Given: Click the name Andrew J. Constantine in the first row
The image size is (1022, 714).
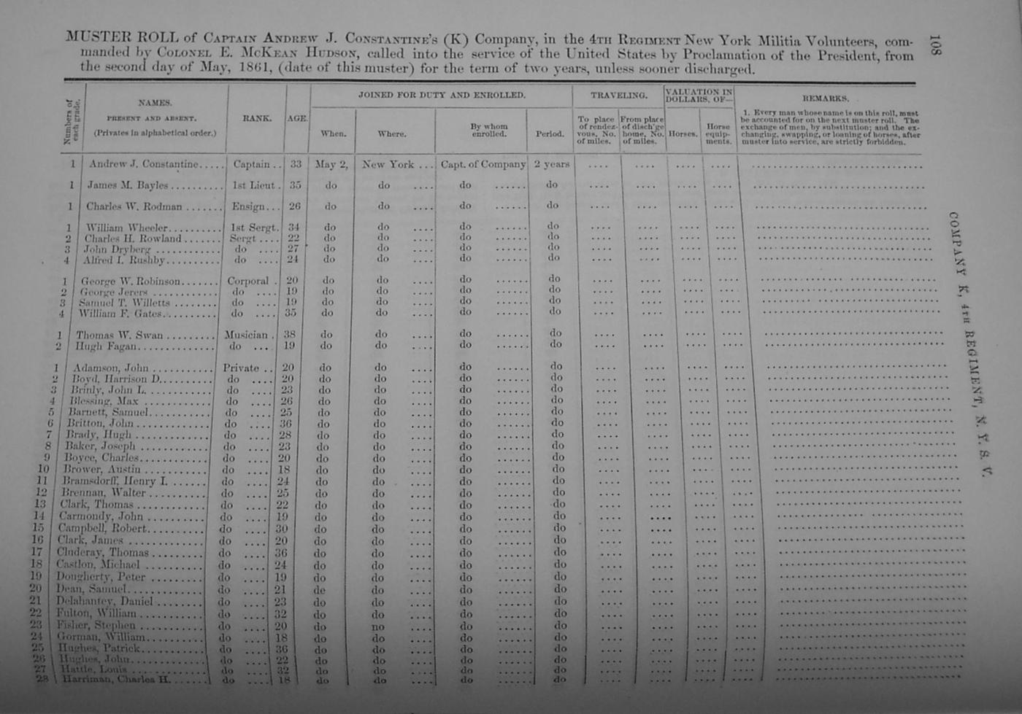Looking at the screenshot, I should click(x=143, y=164).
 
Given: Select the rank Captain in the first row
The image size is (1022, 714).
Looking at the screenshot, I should click(x=251, y=165).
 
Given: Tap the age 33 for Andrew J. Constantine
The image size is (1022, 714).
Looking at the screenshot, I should click(x=296, y=165).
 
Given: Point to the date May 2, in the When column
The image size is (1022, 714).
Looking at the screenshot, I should click(x=331, y=165).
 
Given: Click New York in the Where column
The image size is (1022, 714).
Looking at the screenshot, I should click(x=388, y=165).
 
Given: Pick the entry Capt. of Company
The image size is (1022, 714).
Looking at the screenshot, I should click(x=483, y=165).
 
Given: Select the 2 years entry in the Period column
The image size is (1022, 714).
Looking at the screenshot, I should click(x=551, y=165).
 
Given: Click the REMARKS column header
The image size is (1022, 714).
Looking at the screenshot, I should click(x=825, y=98).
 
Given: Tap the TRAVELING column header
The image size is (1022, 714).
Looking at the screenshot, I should click(x=618, y=96).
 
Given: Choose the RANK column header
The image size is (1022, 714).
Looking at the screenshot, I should click(x=256, y=118).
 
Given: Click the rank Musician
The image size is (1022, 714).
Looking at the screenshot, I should click(x=246, y=335).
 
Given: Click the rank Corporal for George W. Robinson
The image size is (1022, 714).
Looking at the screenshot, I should click(x=247, y=281).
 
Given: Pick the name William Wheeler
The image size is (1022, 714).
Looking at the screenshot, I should click(x=126, y=228).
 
